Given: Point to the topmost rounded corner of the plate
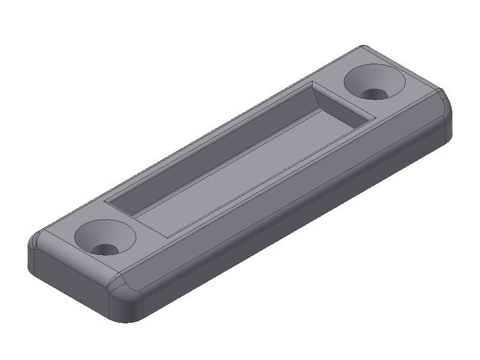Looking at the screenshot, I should point(364,48).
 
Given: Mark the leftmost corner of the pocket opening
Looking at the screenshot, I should point(105,202).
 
